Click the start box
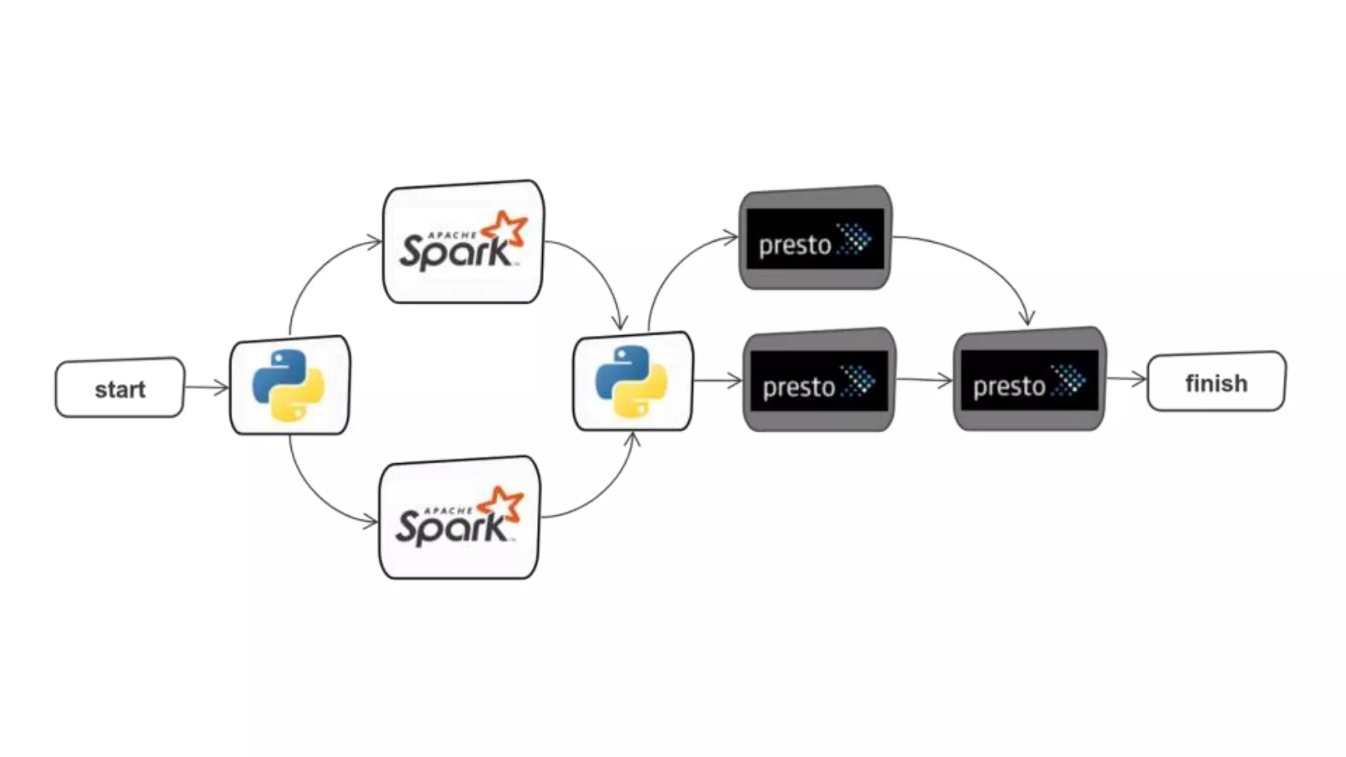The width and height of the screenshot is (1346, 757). tap(120, 388)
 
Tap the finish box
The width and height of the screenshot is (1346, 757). tap(1216, 382)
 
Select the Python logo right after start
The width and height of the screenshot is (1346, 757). tap(289, 385)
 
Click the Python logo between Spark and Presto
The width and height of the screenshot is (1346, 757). tap(632, 382)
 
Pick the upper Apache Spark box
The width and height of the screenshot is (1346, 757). tap(463, 242)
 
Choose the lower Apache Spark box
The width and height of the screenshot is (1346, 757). tap(459, 518)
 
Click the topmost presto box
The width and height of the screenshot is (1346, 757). tap(816, 238)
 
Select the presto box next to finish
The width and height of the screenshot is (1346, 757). tap(1029, 380)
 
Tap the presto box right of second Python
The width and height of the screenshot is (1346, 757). tap(819, 381)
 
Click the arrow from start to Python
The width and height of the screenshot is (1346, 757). tap(206, 387)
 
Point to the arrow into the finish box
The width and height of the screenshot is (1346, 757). tap(1126, 379)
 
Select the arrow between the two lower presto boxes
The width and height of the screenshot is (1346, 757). tap(924, 380)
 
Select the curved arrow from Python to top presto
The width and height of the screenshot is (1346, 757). tap(674, 263)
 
